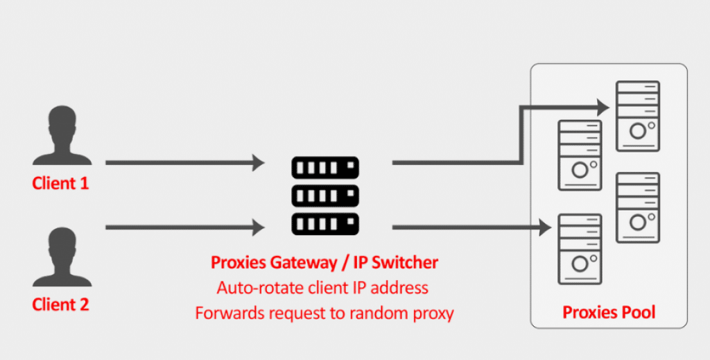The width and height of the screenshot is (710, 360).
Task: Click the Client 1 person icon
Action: (62, 135)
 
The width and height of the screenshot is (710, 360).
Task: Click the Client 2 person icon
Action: (62, 257)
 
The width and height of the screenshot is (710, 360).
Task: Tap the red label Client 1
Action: (61, 183)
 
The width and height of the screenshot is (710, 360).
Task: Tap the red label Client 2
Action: (61, 305)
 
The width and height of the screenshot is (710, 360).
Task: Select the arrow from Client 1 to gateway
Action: (184, 162)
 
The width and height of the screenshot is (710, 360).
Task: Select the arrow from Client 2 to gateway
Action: (184, 227)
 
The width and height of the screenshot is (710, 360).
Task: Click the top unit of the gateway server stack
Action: (325, 168)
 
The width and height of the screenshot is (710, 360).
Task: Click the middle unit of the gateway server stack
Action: (325, 196)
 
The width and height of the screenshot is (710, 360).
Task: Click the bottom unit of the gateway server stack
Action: (325, 224)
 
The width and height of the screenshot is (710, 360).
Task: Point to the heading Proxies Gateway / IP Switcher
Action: (324, 263)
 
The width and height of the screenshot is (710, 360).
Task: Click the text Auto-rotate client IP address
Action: (322, 288)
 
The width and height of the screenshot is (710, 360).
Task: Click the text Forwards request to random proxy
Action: (324, 314)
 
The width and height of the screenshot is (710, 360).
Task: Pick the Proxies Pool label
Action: (609, 312)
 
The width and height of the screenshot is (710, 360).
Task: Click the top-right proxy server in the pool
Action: (638, 116)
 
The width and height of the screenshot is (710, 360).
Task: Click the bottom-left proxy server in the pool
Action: (580, 249)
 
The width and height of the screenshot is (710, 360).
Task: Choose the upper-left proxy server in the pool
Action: (580, 155)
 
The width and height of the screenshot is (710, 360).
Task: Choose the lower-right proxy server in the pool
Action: (638, 207)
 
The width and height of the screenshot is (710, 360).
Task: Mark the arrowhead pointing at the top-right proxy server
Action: (603, 108)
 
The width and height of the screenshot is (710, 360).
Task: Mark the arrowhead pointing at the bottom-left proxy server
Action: (545, 227)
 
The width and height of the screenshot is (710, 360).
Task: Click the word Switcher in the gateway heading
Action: (404, 263)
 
